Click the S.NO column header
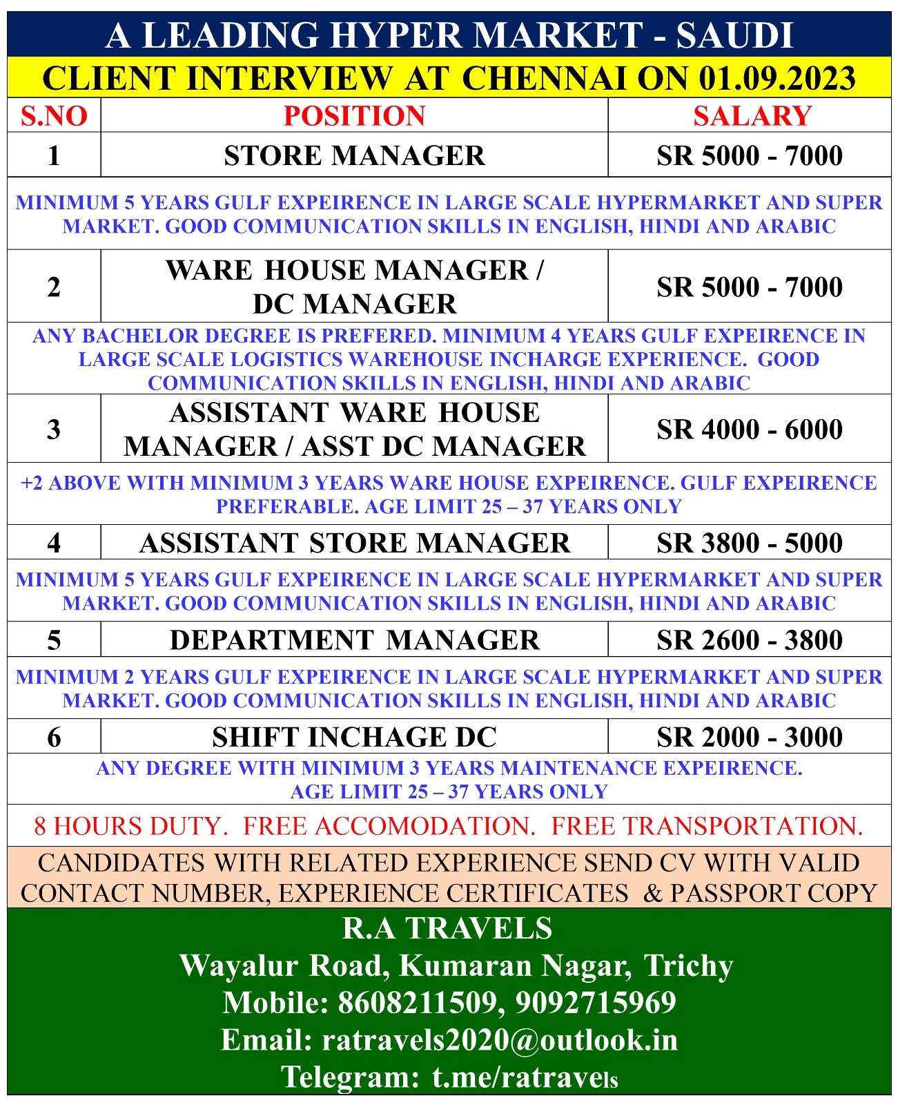point(54,115)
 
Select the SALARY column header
point(752,115)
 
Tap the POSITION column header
point(354,115)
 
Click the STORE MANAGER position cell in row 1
point(354,155)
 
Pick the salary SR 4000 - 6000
point(750,429)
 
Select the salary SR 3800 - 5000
point(750,543)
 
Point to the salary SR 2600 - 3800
point(750,640)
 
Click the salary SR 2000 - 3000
point(750,737)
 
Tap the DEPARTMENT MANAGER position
point(354,640)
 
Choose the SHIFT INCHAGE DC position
point(354,737)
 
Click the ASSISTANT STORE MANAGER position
point(354,543)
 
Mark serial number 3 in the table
point(54,429)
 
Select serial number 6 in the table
point(54,737)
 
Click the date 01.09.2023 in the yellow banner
point(777,78)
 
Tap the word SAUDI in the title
point(734,35)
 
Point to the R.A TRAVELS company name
point(447,928)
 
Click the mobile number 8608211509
point(418,1002)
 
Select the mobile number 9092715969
point(596,1002)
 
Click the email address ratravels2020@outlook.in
point(500,1039)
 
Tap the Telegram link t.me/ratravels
point(525,1077)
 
